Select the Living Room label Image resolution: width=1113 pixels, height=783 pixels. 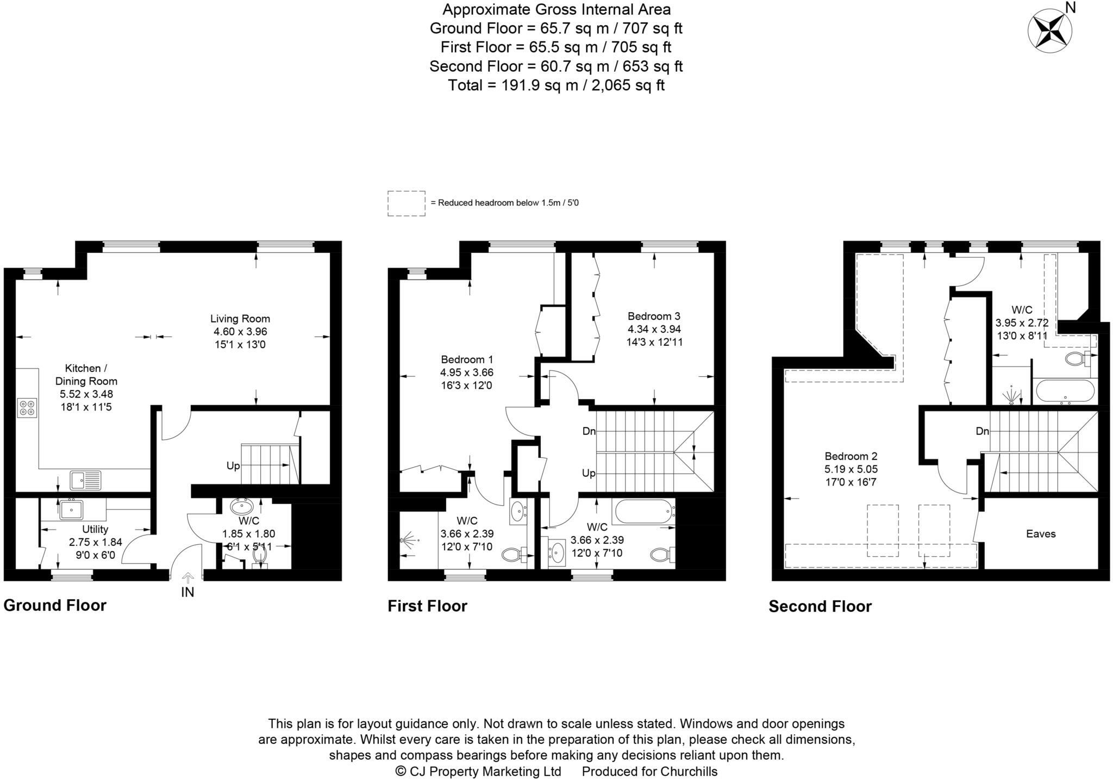point(240,319)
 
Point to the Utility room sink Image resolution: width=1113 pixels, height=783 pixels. point(71,509)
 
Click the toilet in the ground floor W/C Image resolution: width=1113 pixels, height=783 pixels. point(260,556)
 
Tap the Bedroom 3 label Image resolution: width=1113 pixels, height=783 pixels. point(654,316)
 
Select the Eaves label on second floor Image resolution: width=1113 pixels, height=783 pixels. point(1041,534)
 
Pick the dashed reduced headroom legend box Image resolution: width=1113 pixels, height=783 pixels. point(407,203)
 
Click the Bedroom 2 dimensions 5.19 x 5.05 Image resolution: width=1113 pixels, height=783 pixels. point(851,469)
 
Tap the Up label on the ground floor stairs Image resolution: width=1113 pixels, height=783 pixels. point(233,466)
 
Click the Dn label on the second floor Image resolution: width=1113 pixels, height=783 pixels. point(982,431)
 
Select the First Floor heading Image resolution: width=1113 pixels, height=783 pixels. point(427,606)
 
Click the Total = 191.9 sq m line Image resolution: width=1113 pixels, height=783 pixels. point(556,85)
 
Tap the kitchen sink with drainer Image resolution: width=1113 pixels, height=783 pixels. point(86,480)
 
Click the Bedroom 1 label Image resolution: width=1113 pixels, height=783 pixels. point(467,359)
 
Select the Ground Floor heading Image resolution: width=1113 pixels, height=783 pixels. point(55,605)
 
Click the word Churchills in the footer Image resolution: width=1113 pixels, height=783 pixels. point(689,772)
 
